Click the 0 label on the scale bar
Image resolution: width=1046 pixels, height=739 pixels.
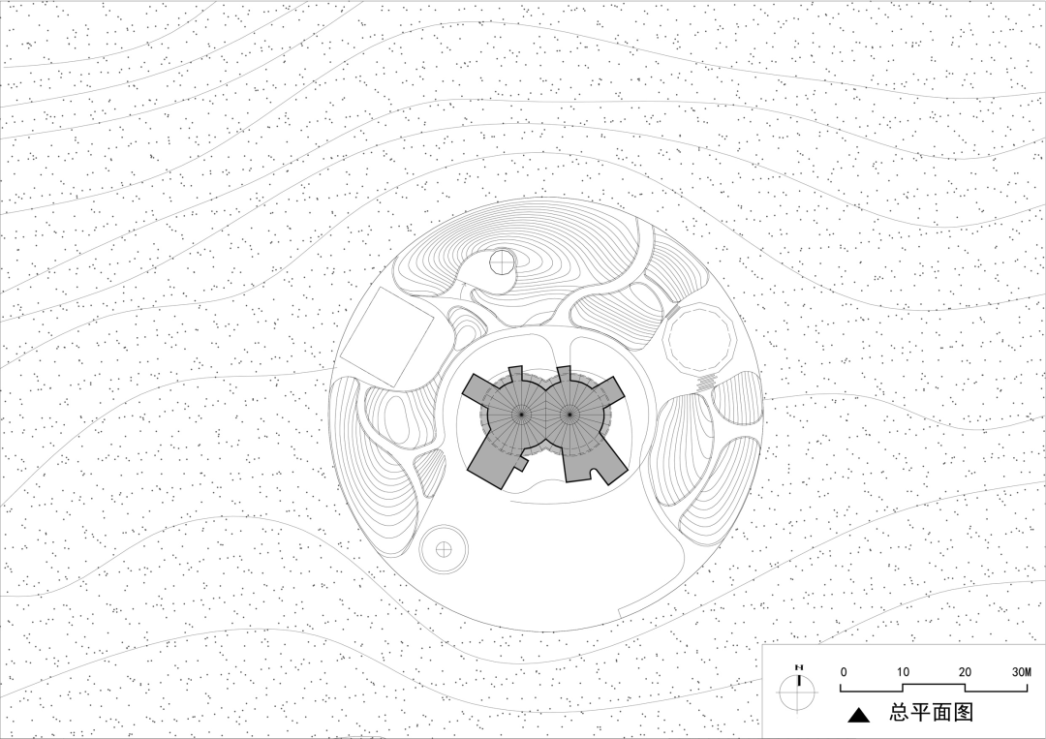[x=844, y=671]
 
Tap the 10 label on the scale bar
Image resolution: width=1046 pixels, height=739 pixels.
[x=903, y=671]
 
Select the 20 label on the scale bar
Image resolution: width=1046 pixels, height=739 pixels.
[x=965, y=671]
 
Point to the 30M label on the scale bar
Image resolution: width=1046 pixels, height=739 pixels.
[x=1022, y=671]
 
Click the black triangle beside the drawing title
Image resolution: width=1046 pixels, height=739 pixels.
[x=859, y=715]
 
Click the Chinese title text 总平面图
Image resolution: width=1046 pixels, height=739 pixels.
[x=932, y=712]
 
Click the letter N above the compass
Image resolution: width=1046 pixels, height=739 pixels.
[x=798, y=667]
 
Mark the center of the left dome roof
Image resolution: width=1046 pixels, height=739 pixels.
[x=521, y=415]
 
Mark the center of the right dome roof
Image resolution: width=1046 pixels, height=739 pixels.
[x=569, y=415]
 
